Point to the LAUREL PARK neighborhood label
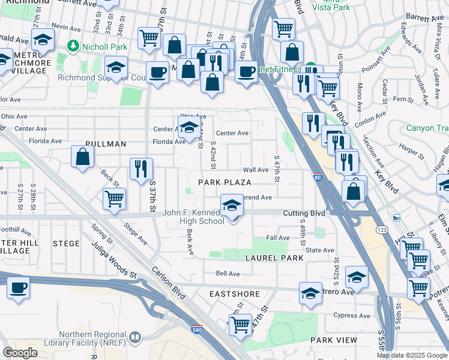(274, 257)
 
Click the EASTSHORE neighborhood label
(235, 294)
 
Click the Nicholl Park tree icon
(73, 46)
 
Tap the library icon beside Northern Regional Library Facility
(134, 338)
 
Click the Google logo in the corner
(20, 353)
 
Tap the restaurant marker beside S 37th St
(142, 169)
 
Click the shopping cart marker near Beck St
(113, 199)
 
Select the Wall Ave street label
(255, 170)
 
